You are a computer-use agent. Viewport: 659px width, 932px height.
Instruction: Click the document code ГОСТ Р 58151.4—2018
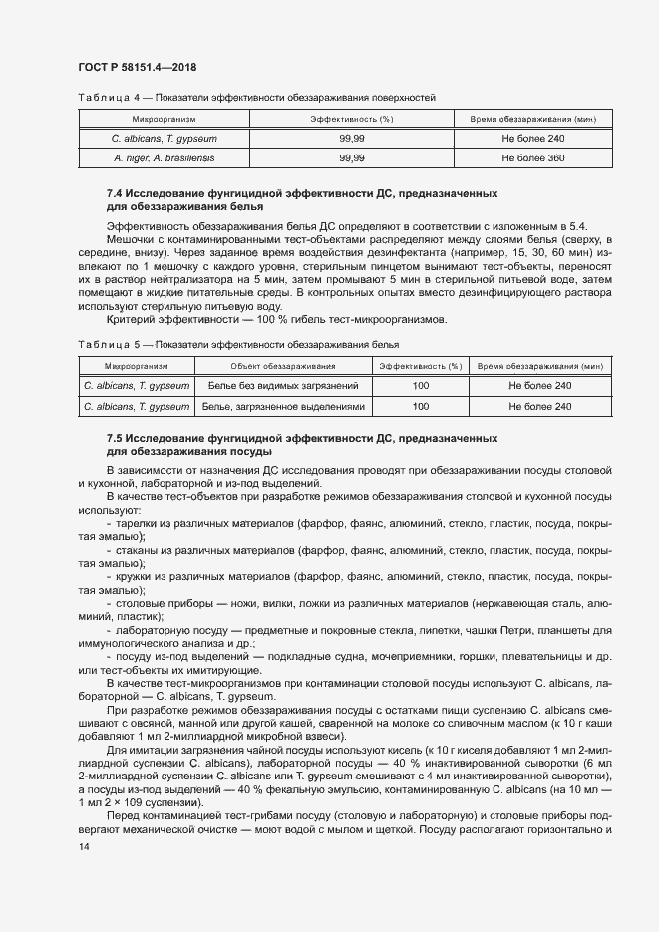(x=136, y=67)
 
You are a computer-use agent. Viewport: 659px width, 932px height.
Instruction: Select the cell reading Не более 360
(x=532, y=157)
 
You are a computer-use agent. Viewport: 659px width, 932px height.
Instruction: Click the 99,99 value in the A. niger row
(x=351, y=157)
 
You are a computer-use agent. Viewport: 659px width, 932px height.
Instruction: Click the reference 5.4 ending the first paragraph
(x=577, y=228)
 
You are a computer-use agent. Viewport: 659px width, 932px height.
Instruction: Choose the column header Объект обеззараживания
(x=284, y=366)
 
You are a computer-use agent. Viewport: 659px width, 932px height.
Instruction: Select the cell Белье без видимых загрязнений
(x=284, y=385)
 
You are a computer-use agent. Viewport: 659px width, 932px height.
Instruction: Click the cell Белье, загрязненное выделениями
(x=284, y=406)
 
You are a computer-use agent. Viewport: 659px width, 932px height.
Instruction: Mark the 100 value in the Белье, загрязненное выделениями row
(x=420, y=406)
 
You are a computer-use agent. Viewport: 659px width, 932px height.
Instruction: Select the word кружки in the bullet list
(x=134, y=576)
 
